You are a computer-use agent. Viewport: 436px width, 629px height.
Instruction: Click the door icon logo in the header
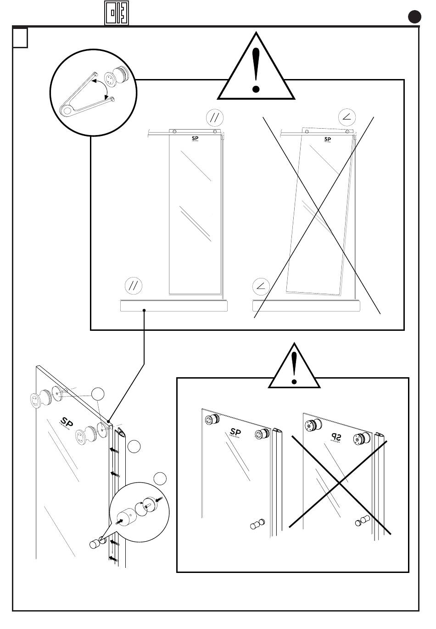click(116, 13)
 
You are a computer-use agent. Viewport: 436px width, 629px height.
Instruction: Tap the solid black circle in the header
click(415, 17)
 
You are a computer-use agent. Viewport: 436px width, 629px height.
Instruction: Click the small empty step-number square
click(20, 38)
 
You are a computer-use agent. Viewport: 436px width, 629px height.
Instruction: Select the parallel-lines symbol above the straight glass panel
click(214, 118)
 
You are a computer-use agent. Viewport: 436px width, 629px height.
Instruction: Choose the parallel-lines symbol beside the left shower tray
click(134, 286)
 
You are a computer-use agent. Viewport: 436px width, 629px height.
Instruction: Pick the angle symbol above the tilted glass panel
click(347, 118)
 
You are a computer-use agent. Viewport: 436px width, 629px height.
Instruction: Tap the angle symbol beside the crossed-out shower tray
click(261, 287)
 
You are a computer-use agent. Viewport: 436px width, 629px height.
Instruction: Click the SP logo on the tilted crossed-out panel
click(328, 139)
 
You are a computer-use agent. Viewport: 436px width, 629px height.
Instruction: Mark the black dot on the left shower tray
click(145, 311)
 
